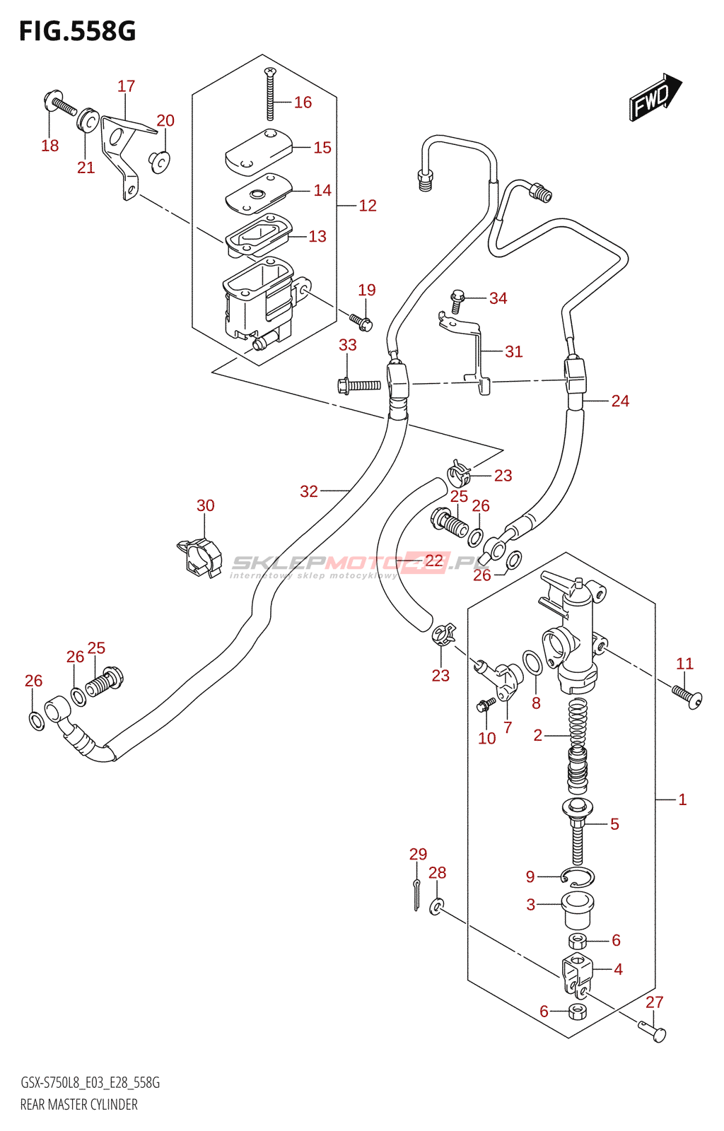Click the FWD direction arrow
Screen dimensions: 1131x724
(655, 97)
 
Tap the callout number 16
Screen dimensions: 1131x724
(303, 102)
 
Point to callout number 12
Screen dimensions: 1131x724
(368, 206)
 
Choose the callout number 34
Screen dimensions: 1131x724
(498, 298)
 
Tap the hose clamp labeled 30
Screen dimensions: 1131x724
(199, 556)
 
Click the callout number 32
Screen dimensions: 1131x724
(309, 491)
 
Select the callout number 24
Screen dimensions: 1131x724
(620, 401)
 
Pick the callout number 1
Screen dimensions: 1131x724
(682, 799)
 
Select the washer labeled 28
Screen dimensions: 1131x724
(438, 906)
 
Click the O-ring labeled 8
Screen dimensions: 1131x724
(533, 664)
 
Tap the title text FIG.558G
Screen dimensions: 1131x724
(77, 32)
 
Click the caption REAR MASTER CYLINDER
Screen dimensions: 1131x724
(79, 1104)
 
